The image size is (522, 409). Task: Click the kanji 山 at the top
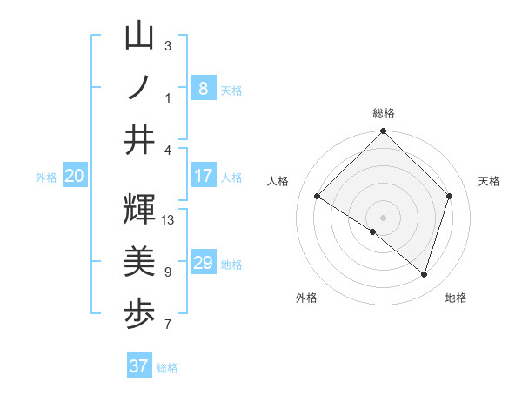tap(139, 37)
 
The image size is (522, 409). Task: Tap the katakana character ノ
tap(139, 88)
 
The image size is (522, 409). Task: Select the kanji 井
tap(139, 139)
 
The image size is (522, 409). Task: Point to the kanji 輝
tap(139, 210)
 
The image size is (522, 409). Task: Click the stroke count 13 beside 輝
tap(169, 220)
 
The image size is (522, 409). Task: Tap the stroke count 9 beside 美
tap(168, 272)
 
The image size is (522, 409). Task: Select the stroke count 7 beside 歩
tap(168, 325)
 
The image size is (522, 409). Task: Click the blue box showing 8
tap(203, 88)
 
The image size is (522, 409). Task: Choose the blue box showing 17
tap(203, 176)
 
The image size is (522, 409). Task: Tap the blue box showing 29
tap(203, 263)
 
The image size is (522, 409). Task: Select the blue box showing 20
tap(74, 177)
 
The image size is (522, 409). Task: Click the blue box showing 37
tap(138, 366)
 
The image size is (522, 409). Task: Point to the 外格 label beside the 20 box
tap(46, 178)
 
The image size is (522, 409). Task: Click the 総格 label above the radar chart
tap(383, 113)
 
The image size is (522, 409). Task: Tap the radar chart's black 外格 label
tap(306, 298)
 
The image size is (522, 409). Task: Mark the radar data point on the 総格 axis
tap(383, 132)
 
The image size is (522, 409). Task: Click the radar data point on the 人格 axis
tap(318, 197)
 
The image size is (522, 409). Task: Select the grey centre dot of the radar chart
tap(383, 217)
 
